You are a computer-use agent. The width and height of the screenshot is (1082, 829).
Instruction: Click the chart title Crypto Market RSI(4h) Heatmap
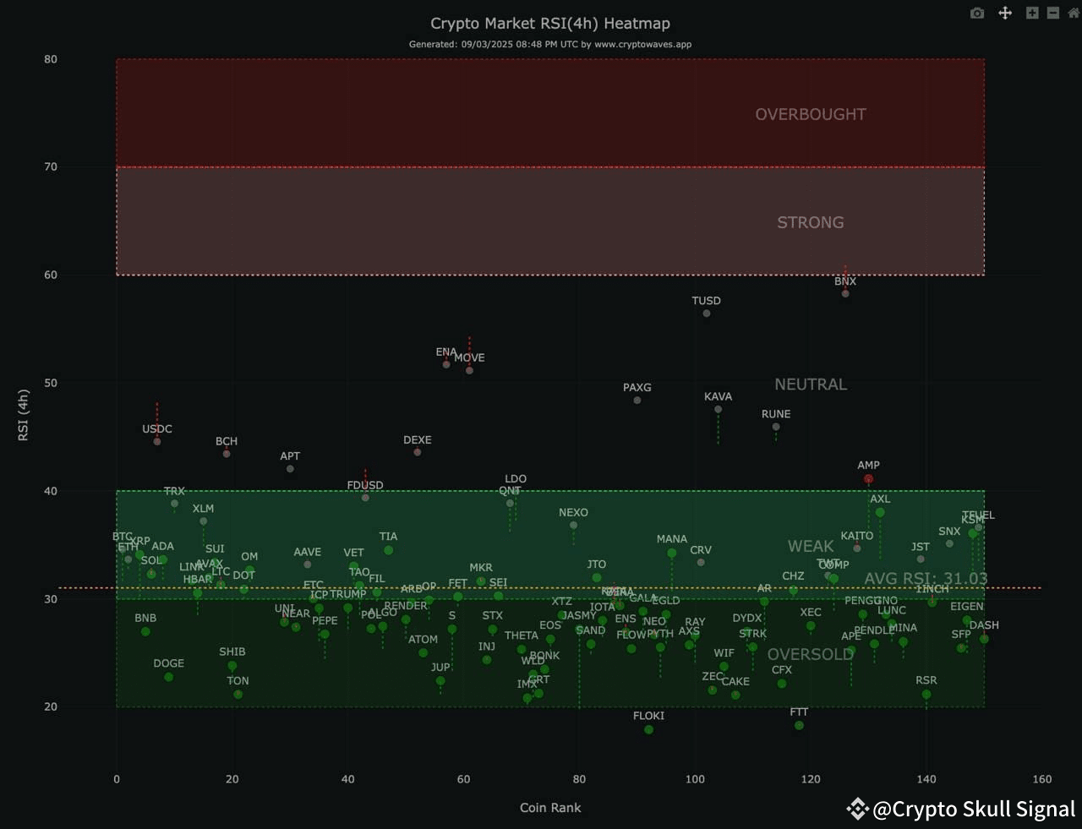point(549,24)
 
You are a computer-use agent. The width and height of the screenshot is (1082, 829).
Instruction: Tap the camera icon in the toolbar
point(977,14)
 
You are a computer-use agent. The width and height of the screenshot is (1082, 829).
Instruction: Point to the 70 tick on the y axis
point(52,167)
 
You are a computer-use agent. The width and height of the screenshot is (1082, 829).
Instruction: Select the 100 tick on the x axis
point(695,779)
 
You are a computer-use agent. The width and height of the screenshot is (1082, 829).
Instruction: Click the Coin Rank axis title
point(550,808)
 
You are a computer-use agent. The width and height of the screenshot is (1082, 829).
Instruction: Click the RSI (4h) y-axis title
point(24,415)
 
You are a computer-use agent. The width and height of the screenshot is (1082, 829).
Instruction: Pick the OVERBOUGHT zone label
point(810,115)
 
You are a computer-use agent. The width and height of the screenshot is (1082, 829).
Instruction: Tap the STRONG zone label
point(810,223)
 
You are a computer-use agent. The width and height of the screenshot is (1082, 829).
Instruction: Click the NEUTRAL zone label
point(810,385)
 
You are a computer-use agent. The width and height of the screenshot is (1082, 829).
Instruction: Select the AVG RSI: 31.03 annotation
point(926,579)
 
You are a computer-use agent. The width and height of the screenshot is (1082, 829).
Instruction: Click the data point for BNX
point(845,293)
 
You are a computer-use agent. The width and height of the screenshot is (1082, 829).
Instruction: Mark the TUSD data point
point(707,314)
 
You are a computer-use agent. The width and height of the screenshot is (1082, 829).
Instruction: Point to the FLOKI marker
point(648,729)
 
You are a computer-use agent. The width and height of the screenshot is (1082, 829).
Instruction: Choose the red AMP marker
point(868,479)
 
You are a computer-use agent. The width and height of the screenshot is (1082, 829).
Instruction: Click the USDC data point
point(157,441)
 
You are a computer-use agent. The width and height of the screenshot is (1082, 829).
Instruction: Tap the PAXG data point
point(637,401)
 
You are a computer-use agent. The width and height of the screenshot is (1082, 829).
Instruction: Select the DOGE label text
point(168,663)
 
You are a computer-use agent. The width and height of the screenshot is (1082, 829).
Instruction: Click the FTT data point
point(799,725)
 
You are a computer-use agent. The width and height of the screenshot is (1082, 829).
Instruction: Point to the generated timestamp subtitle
point(549,45)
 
